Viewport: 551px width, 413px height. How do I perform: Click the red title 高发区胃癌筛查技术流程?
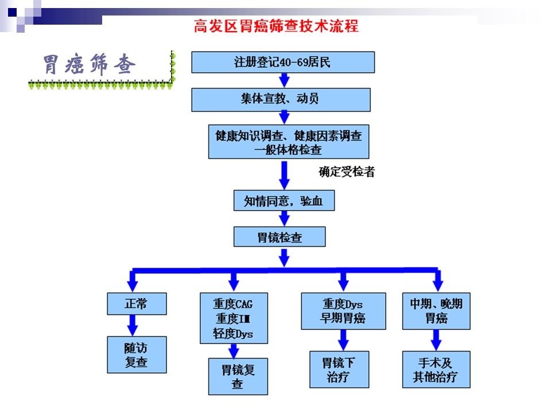pyautogui.click(x=276, y=26)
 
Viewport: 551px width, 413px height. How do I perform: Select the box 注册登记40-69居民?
pyautogui.click(x=283, y=62)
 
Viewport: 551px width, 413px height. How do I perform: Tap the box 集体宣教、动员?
pyautogui.click(x=281, y=100)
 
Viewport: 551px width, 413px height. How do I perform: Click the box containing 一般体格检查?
pyautogui.click(x=289, y=142)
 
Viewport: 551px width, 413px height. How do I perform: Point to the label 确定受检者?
pyautogui.click(x=347, y=172)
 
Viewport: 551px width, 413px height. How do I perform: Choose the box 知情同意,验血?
pyautogui.click(x=284, y=201)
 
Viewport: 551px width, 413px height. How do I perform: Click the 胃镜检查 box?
pyautogui.click(x=280, y=237)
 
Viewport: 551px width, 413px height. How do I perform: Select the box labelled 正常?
pyautogui.click(x=137, y=304)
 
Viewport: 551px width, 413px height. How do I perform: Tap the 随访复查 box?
pyautogui.click(x=137, y=354)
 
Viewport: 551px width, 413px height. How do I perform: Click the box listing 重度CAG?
pyautogui.click(x=234, y=318)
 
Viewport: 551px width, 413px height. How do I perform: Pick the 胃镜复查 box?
pyautogui.click(x=238, y=376)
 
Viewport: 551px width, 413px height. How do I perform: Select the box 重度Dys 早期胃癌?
pyautogui.click(x=343, y=311)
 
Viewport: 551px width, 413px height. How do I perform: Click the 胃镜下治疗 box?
pyautogui.click(x=339, y=369)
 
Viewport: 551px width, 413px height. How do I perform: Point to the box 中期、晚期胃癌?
pyautogui.click(x=436, y=311)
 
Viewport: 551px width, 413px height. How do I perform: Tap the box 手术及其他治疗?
pyautogui.click(x=436, y=369)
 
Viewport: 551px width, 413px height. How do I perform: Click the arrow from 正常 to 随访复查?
pyautogui.click(x=133, y=326)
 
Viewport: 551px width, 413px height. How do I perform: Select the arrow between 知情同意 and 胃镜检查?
pyautogui.click(x=284, y=219)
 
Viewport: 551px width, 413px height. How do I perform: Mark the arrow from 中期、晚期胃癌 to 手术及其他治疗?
pyautogui.click(x=436, y=340)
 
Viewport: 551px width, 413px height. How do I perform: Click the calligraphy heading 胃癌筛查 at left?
pyautogui.click(x=90, y=65)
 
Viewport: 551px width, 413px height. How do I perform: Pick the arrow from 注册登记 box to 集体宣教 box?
pyautogui.click(x=284, y=80)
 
